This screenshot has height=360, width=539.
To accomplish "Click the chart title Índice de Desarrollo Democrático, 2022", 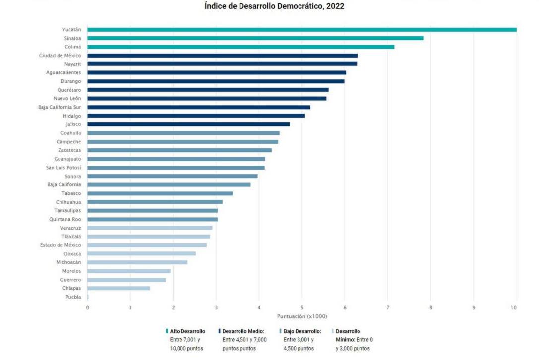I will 274,6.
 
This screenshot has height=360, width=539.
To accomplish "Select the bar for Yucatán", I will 301,30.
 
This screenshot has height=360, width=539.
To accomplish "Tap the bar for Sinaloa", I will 255,38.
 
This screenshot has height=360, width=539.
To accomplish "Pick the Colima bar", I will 240,47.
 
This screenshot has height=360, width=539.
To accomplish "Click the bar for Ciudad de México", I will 222,56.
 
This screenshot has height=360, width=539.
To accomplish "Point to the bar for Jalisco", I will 188,124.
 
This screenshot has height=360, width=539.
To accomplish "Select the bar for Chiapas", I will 119,288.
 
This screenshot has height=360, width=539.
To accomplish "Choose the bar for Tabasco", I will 160,193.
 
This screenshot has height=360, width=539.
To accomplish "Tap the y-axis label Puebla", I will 73,297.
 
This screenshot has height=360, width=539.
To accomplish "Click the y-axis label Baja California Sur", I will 60,107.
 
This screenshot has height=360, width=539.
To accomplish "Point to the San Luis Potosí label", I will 63,168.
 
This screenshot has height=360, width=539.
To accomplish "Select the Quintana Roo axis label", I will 65,219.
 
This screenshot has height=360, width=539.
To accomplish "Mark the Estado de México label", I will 60,245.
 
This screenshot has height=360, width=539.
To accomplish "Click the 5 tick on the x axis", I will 302,308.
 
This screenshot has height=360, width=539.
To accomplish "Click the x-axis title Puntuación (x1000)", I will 302,316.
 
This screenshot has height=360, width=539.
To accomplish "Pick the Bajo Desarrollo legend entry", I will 302,331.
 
